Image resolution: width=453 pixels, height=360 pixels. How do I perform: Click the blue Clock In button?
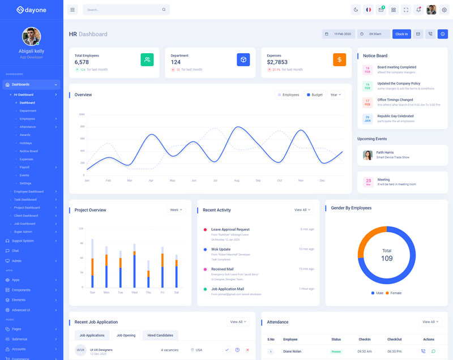tap(401, 34)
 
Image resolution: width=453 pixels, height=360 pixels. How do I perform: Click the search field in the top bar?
tap(125, 10)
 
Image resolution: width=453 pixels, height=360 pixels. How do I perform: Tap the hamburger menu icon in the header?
tap(72, 10)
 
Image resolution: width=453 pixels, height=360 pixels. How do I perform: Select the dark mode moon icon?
tap(356, 10)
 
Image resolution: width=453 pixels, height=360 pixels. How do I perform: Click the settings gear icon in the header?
tap(444, 10)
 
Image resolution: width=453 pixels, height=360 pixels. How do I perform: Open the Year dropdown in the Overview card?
tap(335, 95)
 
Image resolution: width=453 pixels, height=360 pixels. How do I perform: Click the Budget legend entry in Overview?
tap(315, 95)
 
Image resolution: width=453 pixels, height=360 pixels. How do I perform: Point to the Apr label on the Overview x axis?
tap(151, 181)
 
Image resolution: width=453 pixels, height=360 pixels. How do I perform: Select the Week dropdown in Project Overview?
tap(177, 210)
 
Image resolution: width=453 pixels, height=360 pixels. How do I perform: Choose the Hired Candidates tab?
tap(160, 335)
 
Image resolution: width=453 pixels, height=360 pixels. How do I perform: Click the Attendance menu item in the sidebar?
tap(27, 127)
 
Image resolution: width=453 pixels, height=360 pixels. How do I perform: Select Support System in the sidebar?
tap(23, 241)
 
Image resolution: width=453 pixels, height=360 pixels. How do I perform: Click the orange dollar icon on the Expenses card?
tap(339, 59)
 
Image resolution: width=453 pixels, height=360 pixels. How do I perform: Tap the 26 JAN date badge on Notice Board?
tap(367, 119)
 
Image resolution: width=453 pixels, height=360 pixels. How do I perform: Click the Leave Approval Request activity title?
tap(230, 229)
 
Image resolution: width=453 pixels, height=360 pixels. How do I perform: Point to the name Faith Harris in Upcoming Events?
tap(385, 152)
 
